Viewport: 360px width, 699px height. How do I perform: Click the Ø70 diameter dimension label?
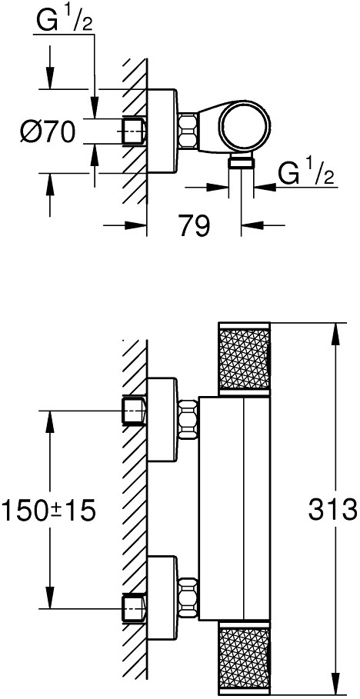47,131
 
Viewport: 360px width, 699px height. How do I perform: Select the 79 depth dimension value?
193,226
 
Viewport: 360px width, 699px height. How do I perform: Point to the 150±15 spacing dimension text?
48,510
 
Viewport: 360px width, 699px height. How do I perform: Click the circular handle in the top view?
246,123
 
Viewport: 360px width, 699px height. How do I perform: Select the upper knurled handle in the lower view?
244,358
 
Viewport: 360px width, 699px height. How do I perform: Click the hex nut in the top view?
188,131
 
